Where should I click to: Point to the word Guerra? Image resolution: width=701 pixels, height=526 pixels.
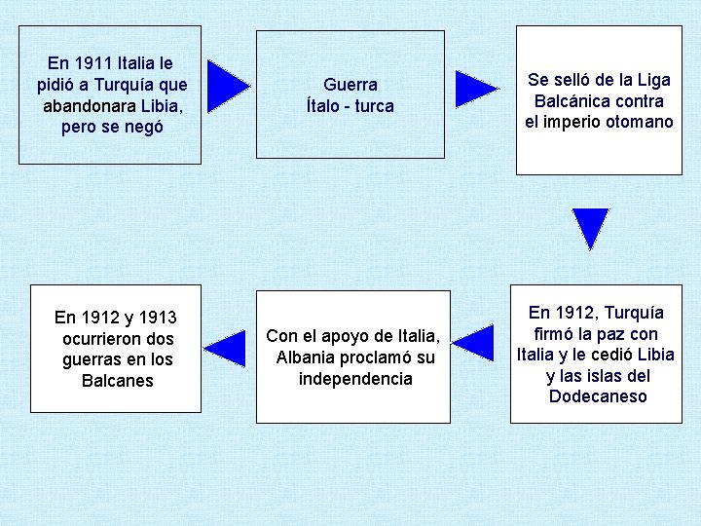(350, 85)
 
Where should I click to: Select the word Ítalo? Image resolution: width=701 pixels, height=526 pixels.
(324, 106)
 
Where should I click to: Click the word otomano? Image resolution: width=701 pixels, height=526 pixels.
(641, 122)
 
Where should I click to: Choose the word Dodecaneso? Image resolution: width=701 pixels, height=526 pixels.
(597, 396)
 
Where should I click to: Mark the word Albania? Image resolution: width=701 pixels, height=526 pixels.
(306, 357)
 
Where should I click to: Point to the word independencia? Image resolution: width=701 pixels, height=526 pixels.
(355, 379)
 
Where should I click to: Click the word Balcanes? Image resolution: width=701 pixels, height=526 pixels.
(118, 381)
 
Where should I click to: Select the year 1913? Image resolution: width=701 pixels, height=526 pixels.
(157, 317)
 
